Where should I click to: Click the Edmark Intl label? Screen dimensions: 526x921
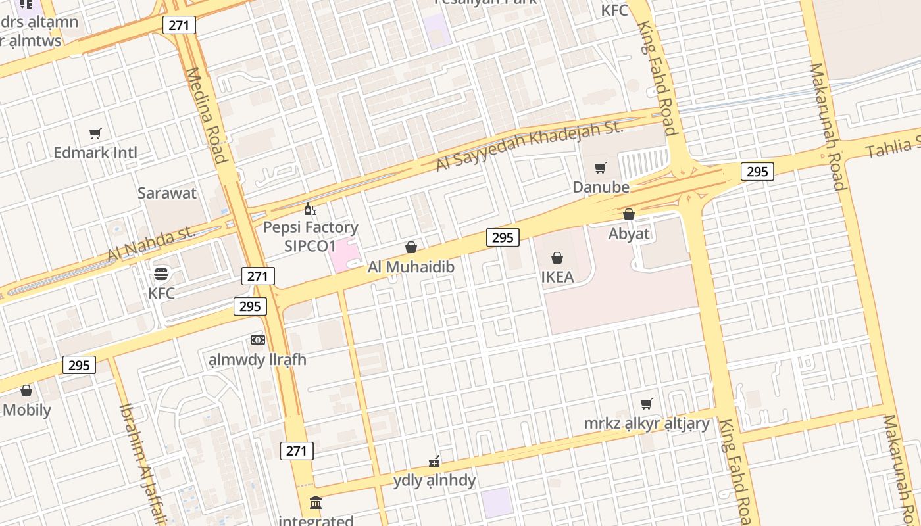[x=95, y=153]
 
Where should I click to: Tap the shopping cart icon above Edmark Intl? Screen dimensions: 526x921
[x=95, y=134]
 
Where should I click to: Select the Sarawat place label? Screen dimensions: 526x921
[x=167, y=193]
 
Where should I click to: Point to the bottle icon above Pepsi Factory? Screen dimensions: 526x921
[x=310, y=209]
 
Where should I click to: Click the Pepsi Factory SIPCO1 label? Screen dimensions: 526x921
[x=311, y=237]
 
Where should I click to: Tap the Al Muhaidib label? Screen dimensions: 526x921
[x=411, y=268]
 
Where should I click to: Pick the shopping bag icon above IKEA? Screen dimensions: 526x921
[x=557, y=258]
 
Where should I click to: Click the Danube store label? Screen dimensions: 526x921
[x=601, y=187]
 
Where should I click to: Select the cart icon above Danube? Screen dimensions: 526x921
[x=600, y=168]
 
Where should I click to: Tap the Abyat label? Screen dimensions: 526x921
[x=629, y=234]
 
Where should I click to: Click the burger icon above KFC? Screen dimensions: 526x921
[x=161, y=274]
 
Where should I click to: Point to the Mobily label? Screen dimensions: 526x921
[x=27, y=410]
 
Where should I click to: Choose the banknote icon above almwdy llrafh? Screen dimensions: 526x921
[x=258, y=340]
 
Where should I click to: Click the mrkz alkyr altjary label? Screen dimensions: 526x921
[x=647, y=423]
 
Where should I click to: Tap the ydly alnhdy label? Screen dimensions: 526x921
[x=434, y=481]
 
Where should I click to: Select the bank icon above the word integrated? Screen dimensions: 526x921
[x=316, y=503]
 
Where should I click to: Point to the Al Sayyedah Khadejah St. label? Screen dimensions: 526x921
[x=530, y=146]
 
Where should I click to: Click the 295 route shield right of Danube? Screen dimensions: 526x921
[x=757, y=172]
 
